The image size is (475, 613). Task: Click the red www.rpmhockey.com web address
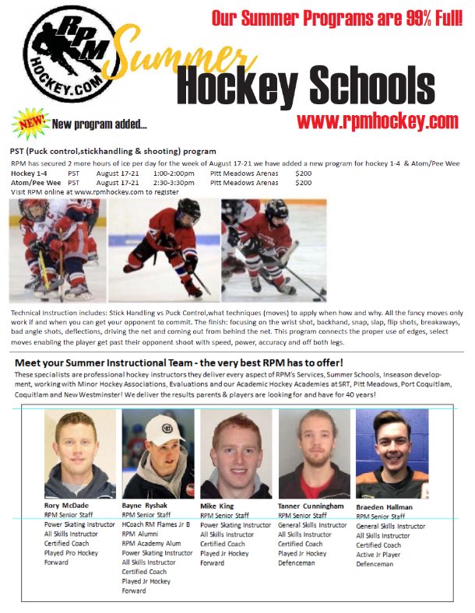pyautogui.click(x=377, y=121)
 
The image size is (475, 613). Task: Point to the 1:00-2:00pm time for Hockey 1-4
pyautogui.click(x=174, y=173)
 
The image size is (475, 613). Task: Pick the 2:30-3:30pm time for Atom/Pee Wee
pyautogui.click(x=174, y=183)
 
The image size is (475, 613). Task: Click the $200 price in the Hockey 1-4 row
pyautogui.click(x=304, y=173)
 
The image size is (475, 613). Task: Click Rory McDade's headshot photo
pyautogui.click(x=79, y=454)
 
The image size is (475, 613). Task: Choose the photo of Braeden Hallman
pyautogui.click(x=392, y=454)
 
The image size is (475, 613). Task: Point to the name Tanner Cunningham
pyautogui.click(x=311, y=506)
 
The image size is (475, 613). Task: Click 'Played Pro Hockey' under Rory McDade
pyautogui.click(x=71, y=552)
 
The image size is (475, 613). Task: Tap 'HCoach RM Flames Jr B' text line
pyautogui.click(x=158, y=524)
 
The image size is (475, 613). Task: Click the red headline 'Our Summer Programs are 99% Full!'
pyautogui.click(x=338, y=18)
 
